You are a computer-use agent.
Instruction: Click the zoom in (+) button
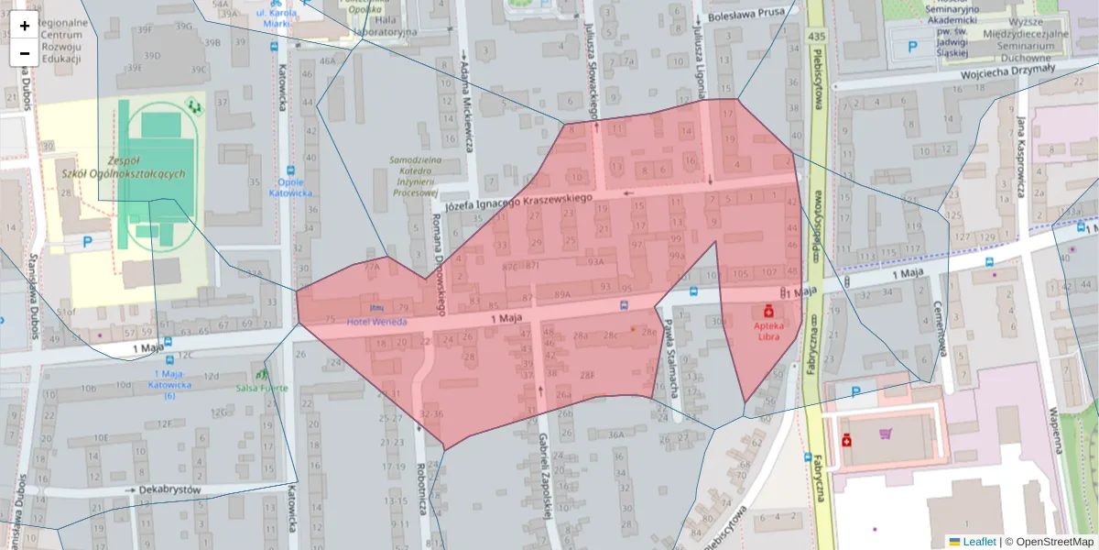(x=25, y=26)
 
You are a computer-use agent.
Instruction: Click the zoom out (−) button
(x=25, y=52)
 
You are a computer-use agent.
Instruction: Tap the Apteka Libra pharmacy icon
(x=768, y=311)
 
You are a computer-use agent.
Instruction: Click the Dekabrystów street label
(x=166, y=489)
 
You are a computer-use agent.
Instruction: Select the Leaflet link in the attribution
(x=979, y=542)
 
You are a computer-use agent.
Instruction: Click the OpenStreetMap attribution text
(x=1050, y=542)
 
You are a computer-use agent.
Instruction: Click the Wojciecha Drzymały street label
(x=1007, y=71)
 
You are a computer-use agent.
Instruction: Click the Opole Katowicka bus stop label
(x=291, y=187)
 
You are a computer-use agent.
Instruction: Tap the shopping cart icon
(x=885, y=434)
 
